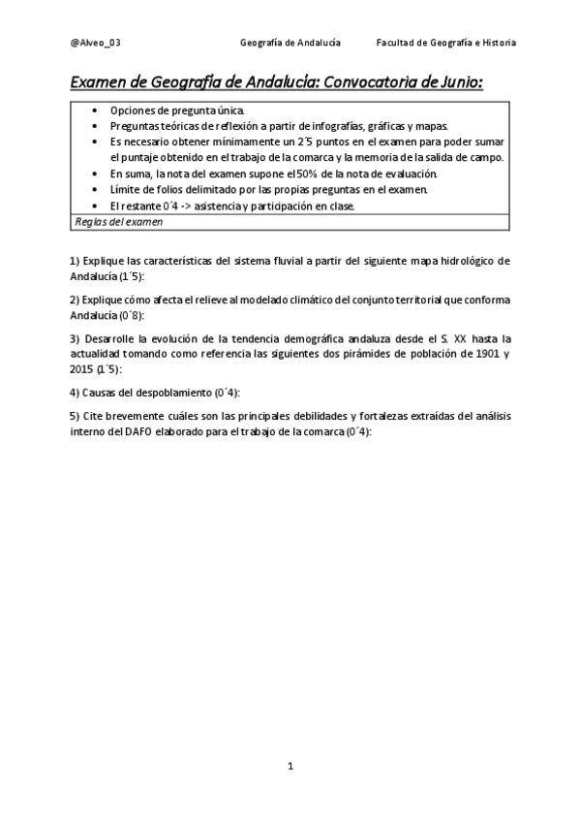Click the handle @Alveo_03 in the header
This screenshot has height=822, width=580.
[96, 43]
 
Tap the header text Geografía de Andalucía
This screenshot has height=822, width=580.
[290, 43]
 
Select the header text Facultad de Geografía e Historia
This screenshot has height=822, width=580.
[446, 43]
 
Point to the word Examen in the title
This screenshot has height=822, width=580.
[101, 84]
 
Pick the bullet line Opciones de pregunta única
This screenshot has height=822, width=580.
[177, 111]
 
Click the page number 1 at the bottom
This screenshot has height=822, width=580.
[290, 766]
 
